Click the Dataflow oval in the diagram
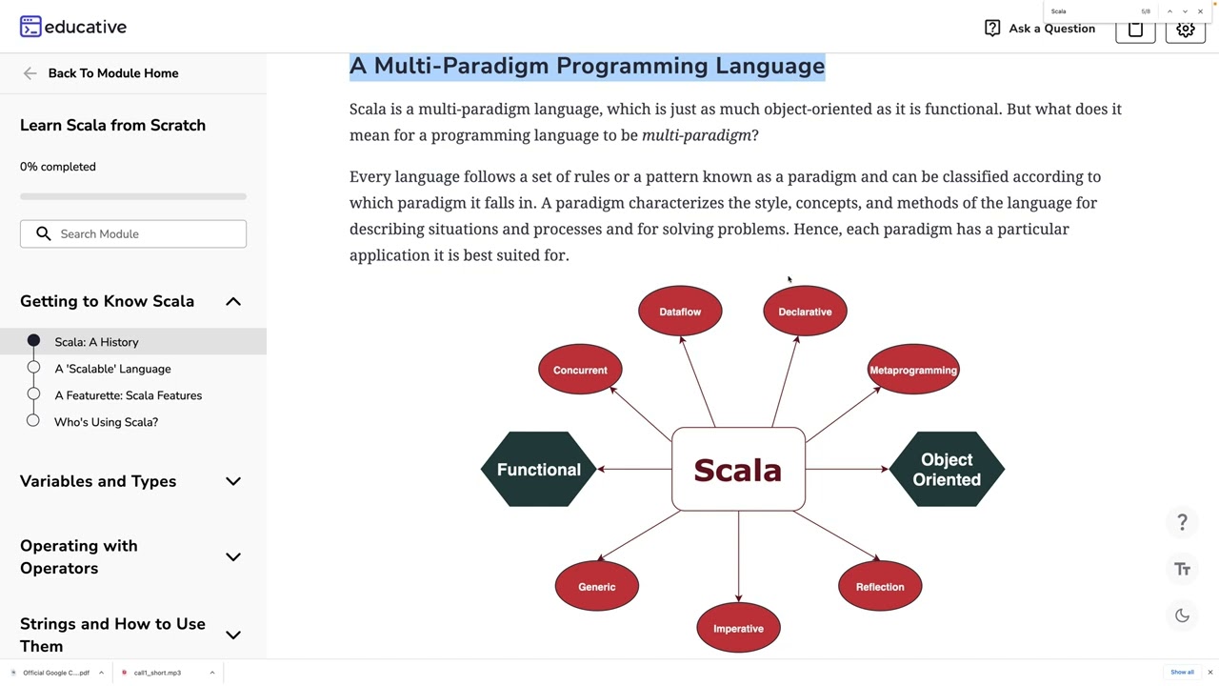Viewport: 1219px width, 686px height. [680, 312]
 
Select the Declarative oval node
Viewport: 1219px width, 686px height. [805, 312]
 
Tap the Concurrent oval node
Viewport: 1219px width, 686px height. [580, 370]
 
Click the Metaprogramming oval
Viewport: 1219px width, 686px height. [912, 370]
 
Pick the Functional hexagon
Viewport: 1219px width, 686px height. [538, 469]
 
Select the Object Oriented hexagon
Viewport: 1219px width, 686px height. [947, 469]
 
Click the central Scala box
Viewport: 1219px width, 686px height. [738, 470]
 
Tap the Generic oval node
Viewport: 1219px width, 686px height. [597, 586]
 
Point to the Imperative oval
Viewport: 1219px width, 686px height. [738, 628]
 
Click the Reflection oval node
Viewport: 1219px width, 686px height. [880, 586]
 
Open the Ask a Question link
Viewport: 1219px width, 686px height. [1040, 29]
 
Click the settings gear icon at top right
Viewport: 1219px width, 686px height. [1186, 29]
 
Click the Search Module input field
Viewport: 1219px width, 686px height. [143, 233]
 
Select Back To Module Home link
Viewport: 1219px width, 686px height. [112, 73]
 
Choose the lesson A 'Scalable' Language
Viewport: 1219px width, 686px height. [112, 369]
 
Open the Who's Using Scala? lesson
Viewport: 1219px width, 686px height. [106, 422]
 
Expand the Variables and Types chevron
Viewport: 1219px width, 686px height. [233, 481]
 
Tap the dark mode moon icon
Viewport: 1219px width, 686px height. [1182, 615]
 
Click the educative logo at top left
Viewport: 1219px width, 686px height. [73, 27]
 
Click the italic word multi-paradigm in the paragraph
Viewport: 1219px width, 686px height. [696, 135]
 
